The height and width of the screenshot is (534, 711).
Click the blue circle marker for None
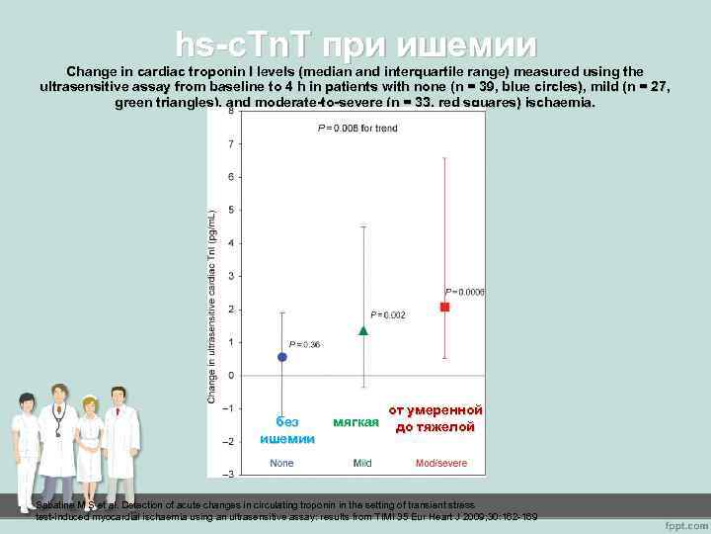click(282, 357)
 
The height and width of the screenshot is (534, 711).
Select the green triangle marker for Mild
click(363, 330)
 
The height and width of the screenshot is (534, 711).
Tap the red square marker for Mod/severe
click(444, 308)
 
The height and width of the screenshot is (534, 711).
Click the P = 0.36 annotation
click(304, 344)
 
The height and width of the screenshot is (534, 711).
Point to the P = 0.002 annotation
click(387, 314)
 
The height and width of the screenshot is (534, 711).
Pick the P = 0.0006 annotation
click(465, 292)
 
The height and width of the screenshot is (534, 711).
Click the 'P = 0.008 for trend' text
click(357, 129)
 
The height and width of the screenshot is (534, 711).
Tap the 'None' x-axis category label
click(281, 463)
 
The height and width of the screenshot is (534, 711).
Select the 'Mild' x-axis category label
click(362, 463)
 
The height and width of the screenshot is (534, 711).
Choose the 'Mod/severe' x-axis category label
click(442, 463)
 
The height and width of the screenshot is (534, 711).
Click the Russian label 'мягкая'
click(356, 422)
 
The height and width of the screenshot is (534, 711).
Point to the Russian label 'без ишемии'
click(287, 430)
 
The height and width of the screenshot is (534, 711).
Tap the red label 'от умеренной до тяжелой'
click(435, 418)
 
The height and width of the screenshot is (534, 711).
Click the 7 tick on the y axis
click(231, 144)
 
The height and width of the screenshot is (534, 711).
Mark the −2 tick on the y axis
click(229, 441)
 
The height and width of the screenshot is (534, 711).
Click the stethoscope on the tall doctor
click(59, 425)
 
